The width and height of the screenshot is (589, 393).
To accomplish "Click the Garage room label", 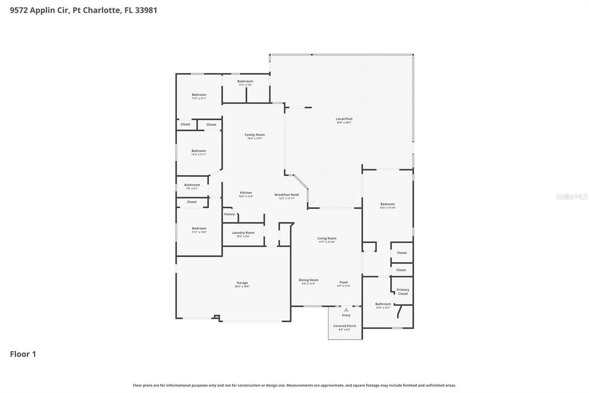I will (x=242, y=283).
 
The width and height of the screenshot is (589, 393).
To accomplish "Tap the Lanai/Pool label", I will (x=344, y=119).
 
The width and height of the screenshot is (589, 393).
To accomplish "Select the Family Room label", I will (x=254, y=135).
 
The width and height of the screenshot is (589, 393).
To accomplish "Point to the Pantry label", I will (x=229, y=214).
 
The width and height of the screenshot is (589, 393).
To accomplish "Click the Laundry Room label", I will (x=243, y=233).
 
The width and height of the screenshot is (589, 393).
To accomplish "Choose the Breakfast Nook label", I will (x=287, y=194).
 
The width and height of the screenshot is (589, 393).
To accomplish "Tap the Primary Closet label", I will (x=403, y=292).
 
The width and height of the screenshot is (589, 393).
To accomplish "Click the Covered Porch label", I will (x=345, y=326).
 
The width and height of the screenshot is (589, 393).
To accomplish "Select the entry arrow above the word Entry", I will (x=346, y=310).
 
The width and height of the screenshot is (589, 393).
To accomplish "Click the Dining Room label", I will (x=308, y=280).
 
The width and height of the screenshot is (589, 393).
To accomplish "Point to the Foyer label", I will (x=344, y=282).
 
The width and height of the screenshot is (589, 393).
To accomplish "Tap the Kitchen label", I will (x=246, y=193).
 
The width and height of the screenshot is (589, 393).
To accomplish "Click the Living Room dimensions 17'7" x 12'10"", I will (x=327, y=242).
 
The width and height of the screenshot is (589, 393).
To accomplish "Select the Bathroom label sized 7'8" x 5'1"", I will (x=192, y=185).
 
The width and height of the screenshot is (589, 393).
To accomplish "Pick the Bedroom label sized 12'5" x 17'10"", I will (x=387, y=204).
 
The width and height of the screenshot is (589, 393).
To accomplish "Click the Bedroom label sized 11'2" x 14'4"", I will (x=199, y=229).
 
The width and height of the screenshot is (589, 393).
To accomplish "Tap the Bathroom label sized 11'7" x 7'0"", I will (x=245, y=82).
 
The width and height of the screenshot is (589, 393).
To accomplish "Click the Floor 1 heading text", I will (x=23, y=354).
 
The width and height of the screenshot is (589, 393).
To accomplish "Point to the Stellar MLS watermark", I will (x=572, y=197).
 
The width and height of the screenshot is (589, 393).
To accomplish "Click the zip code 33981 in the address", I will (x=146, y=10).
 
